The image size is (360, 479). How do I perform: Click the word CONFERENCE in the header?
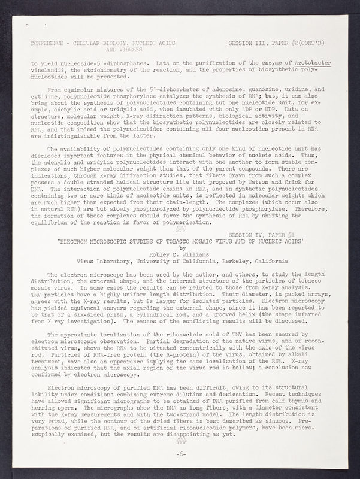tap(48, 44)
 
